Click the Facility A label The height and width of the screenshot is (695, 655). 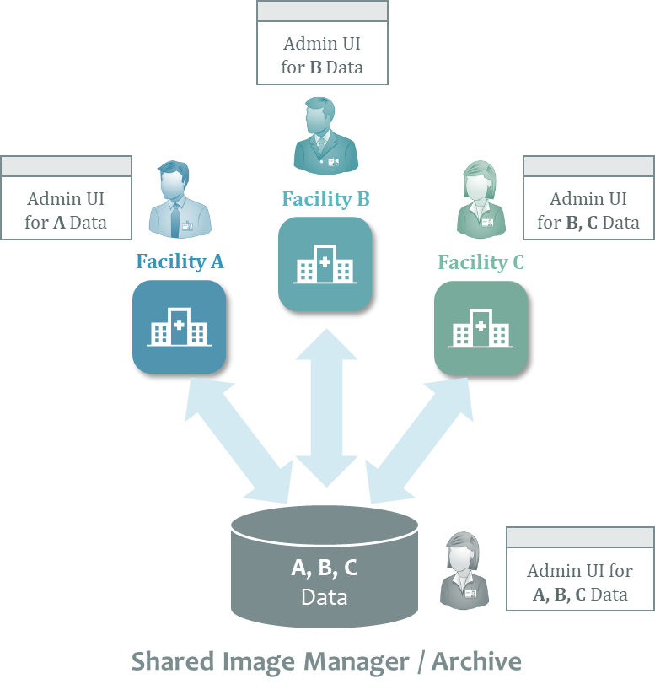point(180,261)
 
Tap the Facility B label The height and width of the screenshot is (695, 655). point(325,199)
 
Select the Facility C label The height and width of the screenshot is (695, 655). point(481,262)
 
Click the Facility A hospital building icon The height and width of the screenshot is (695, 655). point(179,327)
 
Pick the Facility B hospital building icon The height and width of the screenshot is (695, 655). point(325,264)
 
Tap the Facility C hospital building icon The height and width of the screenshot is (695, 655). point(481,328)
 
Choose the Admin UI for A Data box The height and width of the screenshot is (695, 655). point(66,198)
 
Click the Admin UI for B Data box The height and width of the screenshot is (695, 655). point(322,43)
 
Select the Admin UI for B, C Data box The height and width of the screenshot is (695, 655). point(588,198)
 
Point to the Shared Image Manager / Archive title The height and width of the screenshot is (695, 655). point(326,661)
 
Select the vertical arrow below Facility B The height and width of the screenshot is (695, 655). point(326,407)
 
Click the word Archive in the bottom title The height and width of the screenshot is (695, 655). point(477,661)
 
